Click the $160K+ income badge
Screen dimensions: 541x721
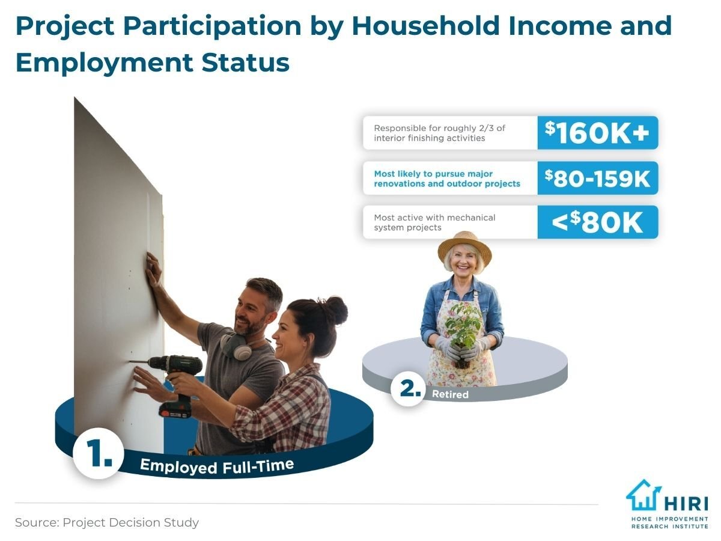597,133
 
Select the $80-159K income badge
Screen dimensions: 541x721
597,178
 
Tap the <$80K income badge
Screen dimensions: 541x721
597,222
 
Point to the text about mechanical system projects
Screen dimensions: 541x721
434,222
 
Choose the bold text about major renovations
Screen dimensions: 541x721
446,178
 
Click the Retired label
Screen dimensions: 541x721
450,395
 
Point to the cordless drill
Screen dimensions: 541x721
174,376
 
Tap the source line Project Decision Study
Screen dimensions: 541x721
107,522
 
